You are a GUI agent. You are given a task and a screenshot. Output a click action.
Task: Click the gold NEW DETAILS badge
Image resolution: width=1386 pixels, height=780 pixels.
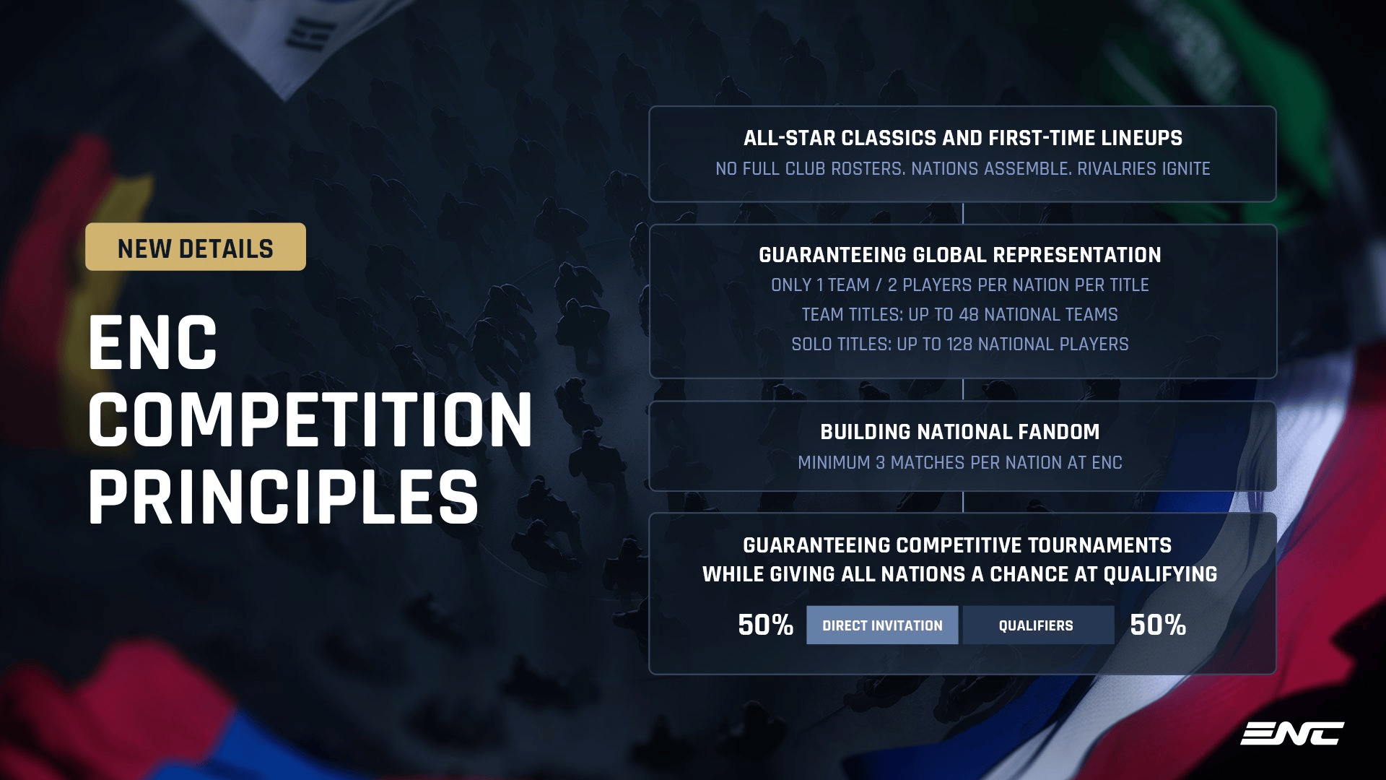coord(196,247)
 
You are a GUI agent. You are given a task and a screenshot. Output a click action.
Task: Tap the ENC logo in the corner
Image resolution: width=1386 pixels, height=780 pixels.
coord(1292,733)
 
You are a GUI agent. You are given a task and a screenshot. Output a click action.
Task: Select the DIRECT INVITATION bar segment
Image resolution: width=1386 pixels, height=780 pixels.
coord(882,625)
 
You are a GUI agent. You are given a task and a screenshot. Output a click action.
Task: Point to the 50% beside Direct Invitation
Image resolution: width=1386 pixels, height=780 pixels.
coord(765,625)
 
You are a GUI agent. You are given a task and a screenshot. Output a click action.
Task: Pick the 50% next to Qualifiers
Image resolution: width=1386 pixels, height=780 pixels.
coord(1158,625)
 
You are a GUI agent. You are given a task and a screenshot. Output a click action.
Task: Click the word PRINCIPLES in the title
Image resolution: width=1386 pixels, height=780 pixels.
coord(283,497)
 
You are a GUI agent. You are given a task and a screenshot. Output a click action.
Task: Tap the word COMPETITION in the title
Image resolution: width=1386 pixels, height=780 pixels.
coord(310,420)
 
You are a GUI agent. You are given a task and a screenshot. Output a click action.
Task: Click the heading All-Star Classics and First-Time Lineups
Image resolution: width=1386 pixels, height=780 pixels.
coord(963,138)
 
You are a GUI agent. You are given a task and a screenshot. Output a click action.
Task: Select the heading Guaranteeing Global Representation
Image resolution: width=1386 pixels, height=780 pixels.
coord(960,255)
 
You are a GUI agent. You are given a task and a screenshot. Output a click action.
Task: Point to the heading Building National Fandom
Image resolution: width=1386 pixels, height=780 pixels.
coord(960,432)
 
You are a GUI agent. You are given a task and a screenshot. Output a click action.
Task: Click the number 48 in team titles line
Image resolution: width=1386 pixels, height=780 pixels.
coord(968,315)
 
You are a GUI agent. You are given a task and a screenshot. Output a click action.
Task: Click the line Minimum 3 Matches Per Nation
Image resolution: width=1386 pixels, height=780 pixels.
coord(960,463)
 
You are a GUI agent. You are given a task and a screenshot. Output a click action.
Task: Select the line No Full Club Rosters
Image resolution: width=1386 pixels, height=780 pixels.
coord(963,169)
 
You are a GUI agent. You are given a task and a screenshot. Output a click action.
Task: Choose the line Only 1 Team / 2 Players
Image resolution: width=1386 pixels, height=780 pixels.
coord(960,285)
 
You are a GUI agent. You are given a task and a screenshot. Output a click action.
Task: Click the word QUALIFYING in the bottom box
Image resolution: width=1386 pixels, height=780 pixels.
coord(1160,574)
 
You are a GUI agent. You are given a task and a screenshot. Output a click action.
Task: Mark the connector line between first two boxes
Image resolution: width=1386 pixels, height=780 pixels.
coord(963,213)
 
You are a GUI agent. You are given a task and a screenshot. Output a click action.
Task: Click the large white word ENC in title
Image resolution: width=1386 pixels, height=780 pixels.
coord(152,343)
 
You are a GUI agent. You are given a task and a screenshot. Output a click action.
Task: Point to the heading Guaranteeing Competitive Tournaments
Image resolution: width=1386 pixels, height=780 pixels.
coord(957,545)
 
